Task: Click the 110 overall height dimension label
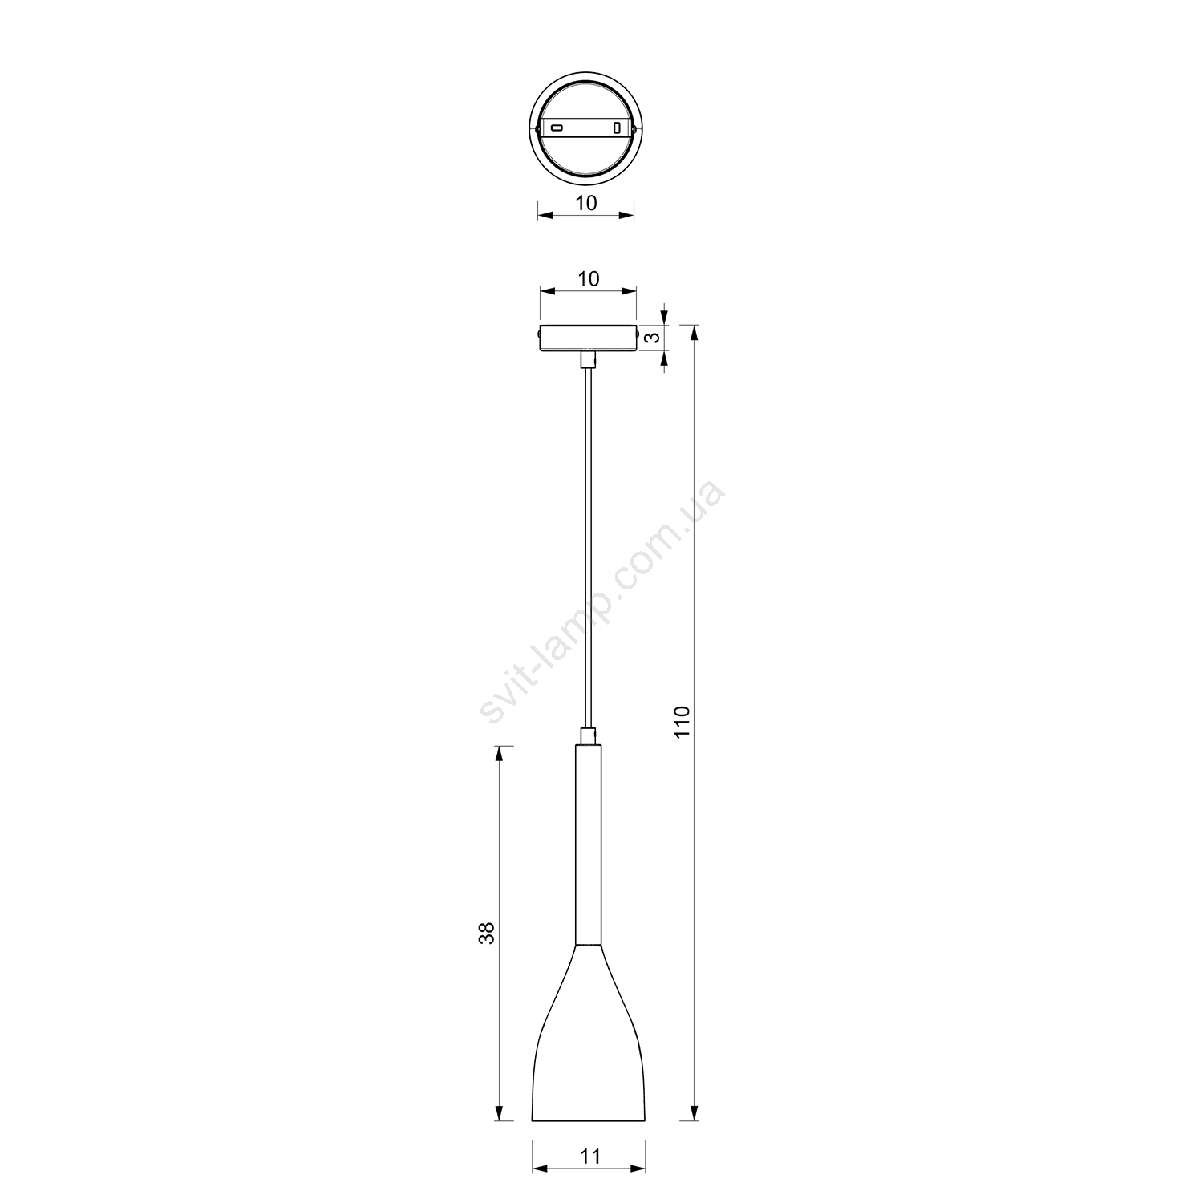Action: point(681,722)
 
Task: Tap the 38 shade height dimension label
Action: point(487,933)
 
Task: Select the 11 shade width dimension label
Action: point(589,1156)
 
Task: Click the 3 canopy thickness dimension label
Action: point(654,338)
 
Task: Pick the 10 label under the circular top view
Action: point(586,203)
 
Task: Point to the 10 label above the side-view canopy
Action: point(588,279)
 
